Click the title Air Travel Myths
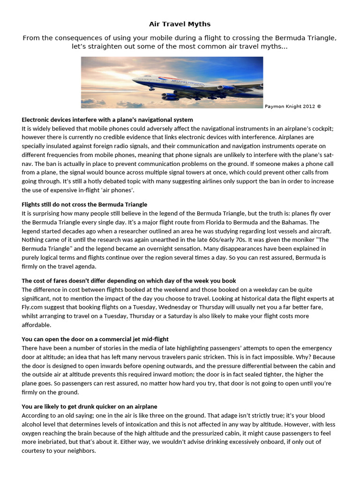click(x=180, y=24)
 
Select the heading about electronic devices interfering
click(x=107, y=120)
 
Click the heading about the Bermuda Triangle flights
click(x=84, y=204)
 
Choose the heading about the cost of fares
click(x=129, y=281)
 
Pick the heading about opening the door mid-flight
click(x=95, y=339)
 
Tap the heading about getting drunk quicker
click(x=90, y=406)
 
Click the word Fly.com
click(x=33, y=307)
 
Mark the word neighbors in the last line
click(x=80, y=451)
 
